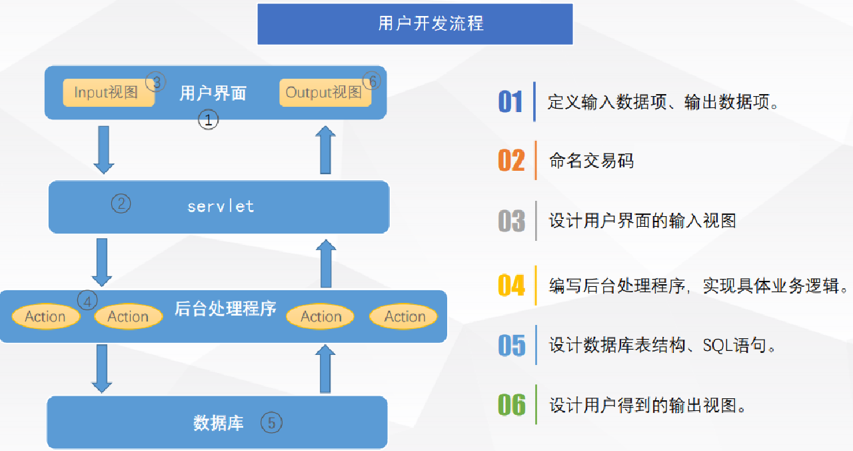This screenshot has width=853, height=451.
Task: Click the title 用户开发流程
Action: [x=430, y=23]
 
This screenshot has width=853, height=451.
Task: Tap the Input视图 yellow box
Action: [x=109, y=93]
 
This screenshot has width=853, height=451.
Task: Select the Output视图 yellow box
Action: [x=325, y=93]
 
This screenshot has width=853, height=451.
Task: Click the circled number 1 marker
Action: [x=209, y=119]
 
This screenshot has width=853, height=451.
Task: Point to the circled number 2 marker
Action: [x=121, y=203]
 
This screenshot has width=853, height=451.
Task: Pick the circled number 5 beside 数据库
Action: [x=271, y=422]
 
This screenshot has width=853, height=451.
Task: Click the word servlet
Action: [x=221, y=206]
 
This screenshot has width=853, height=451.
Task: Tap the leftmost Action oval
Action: [x=46, y=316]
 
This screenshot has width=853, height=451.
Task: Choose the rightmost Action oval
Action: [x=404, y=316]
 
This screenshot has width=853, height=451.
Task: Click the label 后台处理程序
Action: [x=225, y=309]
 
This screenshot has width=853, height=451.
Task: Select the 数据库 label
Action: [x=218, y=423]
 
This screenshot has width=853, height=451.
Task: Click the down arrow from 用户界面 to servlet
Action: [x=103, y=150]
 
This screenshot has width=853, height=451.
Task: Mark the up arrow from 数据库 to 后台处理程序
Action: [x=325, y=369]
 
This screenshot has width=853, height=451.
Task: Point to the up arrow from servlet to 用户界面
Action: [x=325, y=150]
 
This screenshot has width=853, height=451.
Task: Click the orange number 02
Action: [x=511, y=161]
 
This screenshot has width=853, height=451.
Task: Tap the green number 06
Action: [x=511, y=404]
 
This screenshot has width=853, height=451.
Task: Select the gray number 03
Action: [x=511, y=221]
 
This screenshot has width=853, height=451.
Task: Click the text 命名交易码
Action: [x=591, y=161]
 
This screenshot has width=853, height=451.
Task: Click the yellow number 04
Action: [x=511, y=286]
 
